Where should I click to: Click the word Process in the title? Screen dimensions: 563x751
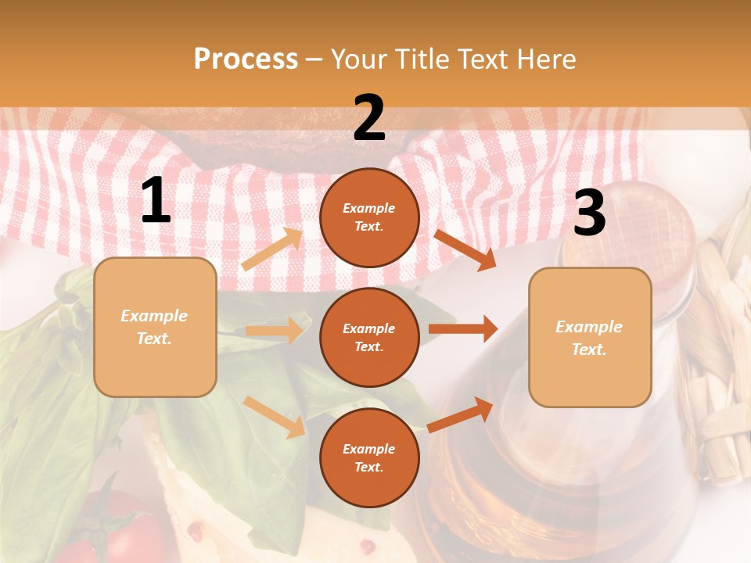(246, 59)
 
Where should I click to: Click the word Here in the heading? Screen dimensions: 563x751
(546, 59)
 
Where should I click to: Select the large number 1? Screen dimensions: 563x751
(156, 201)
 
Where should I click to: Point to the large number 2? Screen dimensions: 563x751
(369, 119)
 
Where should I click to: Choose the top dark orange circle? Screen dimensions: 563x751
(369, 217)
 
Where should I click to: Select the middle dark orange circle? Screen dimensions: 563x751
(369, 337)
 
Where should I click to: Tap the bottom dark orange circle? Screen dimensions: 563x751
(369, 457)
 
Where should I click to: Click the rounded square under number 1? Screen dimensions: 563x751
(155, 327)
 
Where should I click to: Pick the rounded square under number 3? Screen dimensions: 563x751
(589, 337)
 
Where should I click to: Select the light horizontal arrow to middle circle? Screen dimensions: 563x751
(274, 331)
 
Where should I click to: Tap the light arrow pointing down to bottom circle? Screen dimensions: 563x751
(274, 417)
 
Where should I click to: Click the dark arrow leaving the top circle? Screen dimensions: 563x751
(465, 249)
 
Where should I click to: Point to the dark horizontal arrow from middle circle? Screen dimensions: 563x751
(463, 328)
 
